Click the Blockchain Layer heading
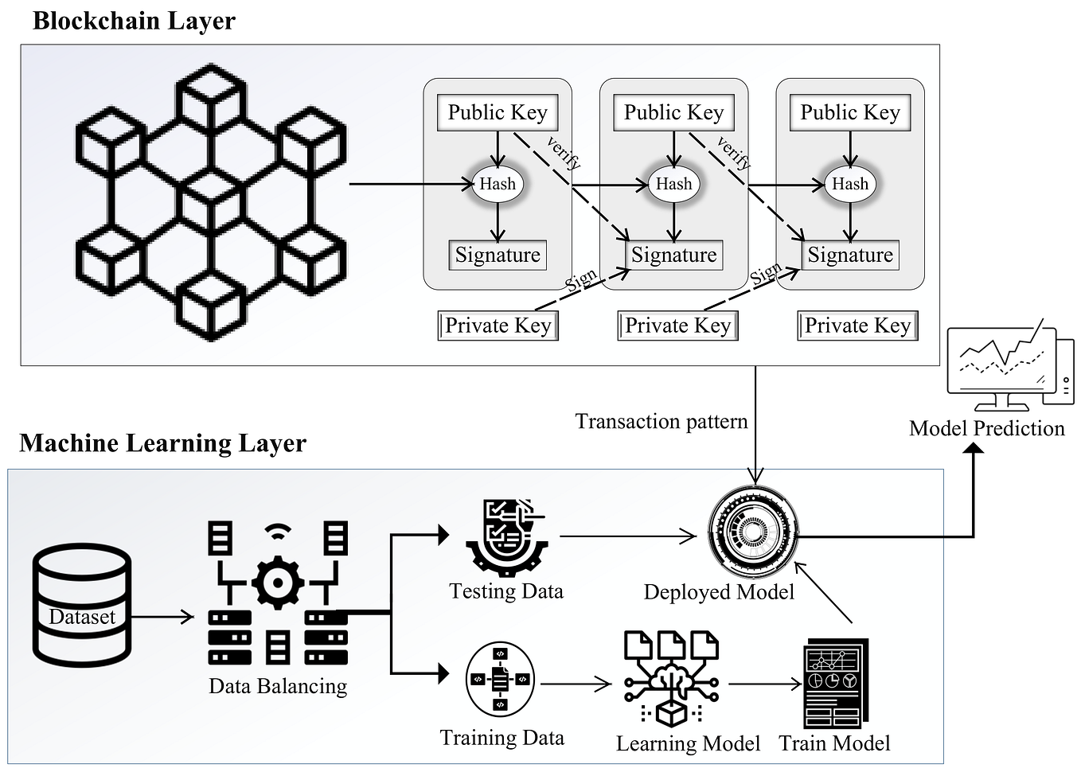[134, 21]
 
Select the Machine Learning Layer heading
[162, 443]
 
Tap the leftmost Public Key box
[498, 112]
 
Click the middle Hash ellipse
[673, 184]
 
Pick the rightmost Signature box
[850, 255]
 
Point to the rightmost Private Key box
[857, 326]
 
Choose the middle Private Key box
[677, 326]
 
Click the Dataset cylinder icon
[82, 606]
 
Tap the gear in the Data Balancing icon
[278, 583]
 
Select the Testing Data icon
[507, 538]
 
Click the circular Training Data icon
[500, 680]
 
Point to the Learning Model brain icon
[671, 679]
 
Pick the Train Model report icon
[836, 683]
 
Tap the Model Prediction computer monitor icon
[1010, 365]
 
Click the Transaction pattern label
[661, 422]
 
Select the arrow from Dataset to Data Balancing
[162, 617]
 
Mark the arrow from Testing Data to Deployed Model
[628, 536]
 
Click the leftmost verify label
[564, 153]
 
